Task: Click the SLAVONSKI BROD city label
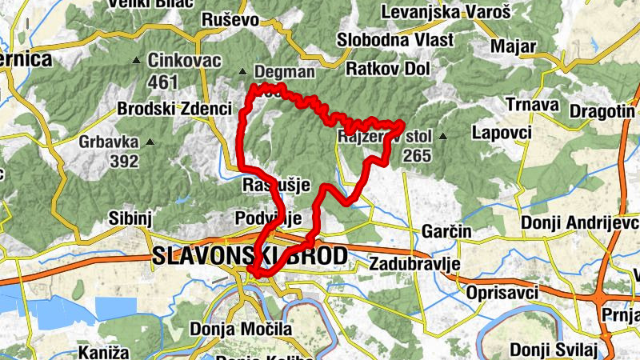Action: click(x=250, y=256)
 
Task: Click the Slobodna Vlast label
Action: click(x=395, y=40)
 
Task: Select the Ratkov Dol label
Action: click(x=388, y=69)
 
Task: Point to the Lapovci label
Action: click(x=502, y=132)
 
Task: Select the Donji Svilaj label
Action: click(x=554, y=349)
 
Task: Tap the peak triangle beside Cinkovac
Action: click(x=150, y=59)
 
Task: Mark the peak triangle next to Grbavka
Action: click(x=147, y=143)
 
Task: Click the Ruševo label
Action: click(x=230, y=20)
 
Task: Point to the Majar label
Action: click(x=513, y=46)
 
